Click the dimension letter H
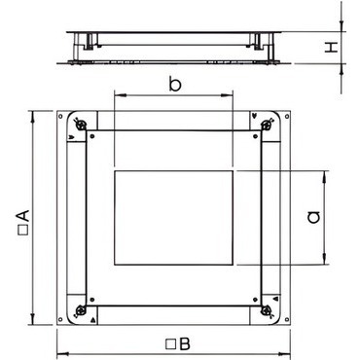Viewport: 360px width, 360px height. click(x=332, y=48)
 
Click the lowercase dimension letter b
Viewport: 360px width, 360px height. click(x=175, y=85)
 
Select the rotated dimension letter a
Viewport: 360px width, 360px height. click(x=313, y=217)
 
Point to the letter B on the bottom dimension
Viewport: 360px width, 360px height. click(x=184, y=344)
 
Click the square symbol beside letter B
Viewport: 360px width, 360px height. click(x=170, y=344)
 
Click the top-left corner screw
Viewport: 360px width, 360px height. click(x=81, y=124)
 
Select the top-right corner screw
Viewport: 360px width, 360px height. click(x=267, y=124)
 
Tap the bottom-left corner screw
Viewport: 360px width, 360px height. click(x=80, y=310)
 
